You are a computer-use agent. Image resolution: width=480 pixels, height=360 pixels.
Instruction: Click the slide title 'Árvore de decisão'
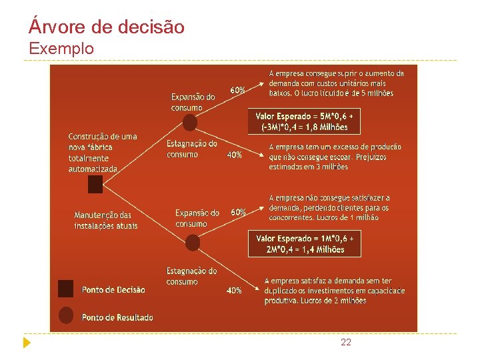pyautogui.click(x=107, y=27)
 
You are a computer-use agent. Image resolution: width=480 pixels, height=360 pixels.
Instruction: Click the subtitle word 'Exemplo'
pyautogui.click(x=61, y=49)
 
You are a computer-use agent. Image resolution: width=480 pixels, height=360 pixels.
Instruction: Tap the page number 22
pyautogui.click(x=345, y=342)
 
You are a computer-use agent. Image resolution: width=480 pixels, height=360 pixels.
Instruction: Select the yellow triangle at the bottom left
pyautogui.click(x=26, y=343)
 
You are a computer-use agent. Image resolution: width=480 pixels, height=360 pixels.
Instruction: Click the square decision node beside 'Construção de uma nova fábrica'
pyautogui.click(x=95, y=185)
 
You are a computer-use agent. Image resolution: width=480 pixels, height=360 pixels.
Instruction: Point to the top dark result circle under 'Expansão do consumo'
pyautogui.click(x=190, y=123)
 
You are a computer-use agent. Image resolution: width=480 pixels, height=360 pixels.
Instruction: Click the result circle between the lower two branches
pyautogui.click(x=193, y=243)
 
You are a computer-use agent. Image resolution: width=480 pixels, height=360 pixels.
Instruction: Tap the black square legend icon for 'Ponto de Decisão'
pyautogui.click(x=65, y=288)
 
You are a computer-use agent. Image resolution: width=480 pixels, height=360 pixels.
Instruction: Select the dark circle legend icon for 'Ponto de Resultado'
pyautogui.click(x=65, y=315)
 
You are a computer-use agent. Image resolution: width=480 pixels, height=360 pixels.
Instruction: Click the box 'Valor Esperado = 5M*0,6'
pyautogui.click(x=305, y=121)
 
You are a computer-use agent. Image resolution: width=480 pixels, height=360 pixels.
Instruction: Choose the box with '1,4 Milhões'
pyautogui.click(x=305, y=244)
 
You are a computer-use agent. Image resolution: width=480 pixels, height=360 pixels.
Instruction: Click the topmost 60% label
pyautogui.click(x=237, y=89)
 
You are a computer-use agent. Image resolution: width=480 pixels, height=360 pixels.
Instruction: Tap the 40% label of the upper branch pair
pyautogui.click(x=234, y=155)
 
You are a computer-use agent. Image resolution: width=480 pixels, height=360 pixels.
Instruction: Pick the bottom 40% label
pyautogui.click(x=234, y=291)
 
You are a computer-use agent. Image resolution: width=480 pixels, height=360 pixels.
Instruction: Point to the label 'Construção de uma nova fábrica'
pyautogui.click(x=102, y=152)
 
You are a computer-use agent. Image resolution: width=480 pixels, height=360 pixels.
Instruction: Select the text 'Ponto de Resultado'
pyautogui.click(x=117, y=317)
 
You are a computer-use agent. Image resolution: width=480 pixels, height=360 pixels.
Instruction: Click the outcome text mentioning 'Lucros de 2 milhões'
pyautogui.click(x=334, y=291)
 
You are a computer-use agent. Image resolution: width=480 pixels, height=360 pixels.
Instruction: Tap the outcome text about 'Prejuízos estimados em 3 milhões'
pyautogui.click(x=335, y=157)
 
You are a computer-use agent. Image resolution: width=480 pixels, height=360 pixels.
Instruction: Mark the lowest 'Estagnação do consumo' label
pyautogui.click(x=191, y=276)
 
